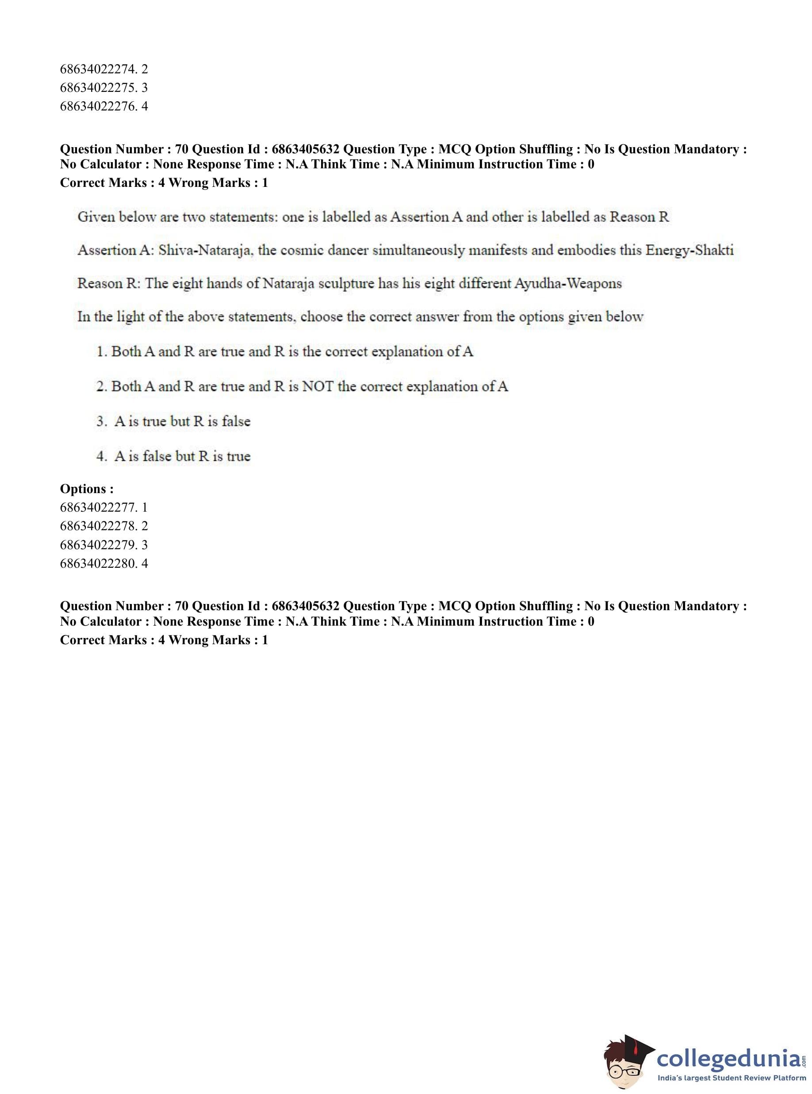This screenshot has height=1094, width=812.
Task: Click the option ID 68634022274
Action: (x=104, y=69)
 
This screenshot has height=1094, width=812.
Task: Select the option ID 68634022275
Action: (x=104, y=88)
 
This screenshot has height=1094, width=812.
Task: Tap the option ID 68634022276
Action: (x=104, y=106)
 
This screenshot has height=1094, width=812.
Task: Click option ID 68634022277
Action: (x=104, y=507)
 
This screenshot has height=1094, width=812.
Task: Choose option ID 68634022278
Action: (x=104, y=526)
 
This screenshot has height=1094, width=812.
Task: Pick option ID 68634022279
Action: (x=104, y=544)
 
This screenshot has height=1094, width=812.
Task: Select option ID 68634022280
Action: (x=104, y=563)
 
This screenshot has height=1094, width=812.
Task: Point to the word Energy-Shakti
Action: (x=689, y=251)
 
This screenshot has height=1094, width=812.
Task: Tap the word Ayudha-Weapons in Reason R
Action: (x=568, y=284)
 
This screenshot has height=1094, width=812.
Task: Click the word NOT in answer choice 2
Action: (x=318, y=387)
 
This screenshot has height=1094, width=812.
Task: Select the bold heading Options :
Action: (x=87, y=489)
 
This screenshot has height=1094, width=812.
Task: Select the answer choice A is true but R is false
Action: (x=182, y=422)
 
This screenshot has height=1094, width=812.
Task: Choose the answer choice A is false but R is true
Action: (x=182, y=456)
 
